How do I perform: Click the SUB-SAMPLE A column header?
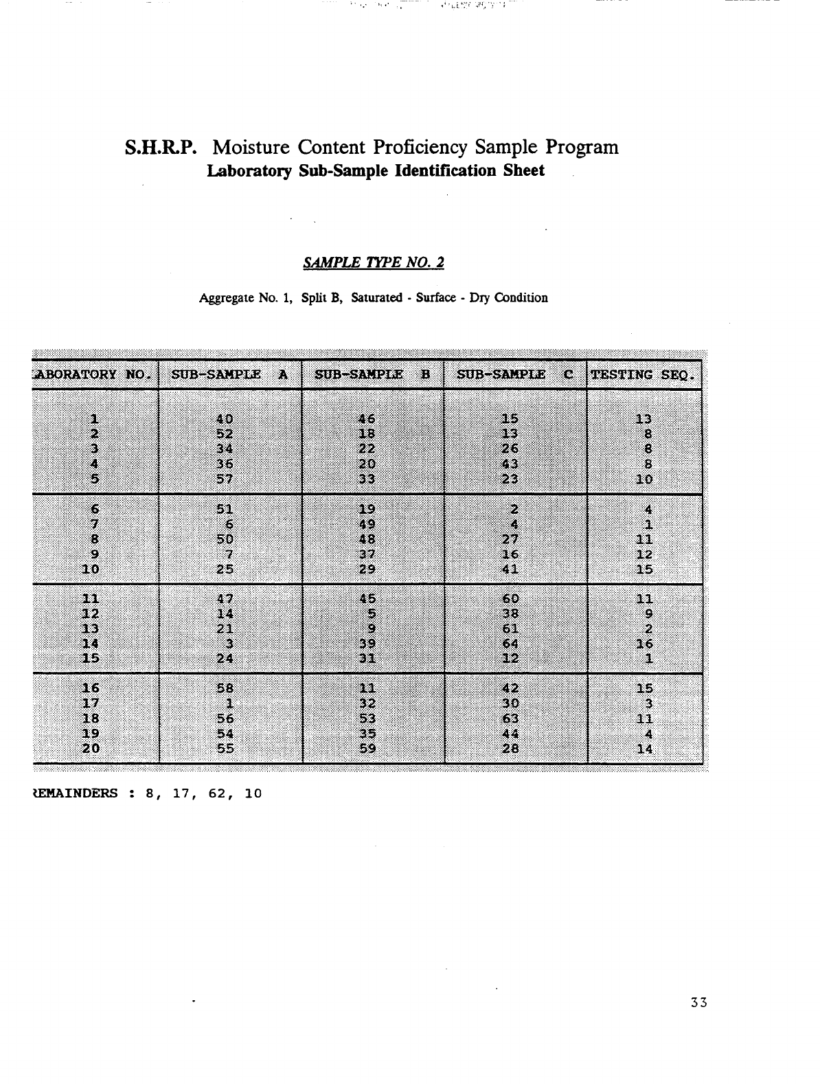point(229,374)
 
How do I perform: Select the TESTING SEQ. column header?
point(643,374)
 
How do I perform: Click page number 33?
point(699,1002)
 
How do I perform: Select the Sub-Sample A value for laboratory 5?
point(225,479)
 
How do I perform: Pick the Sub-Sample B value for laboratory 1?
point(367,419)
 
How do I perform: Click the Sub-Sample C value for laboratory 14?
point(510,644)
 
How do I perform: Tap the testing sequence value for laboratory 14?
point(644,644)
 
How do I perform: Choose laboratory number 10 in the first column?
point(91,569)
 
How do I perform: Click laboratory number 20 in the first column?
point(91,749)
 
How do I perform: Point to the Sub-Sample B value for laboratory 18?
point(367,719)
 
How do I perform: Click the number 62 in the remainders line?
point(216,794)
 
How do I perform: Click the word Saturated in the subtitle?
point(377,298)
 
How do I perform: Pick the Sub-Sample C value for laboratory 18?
point(510,719)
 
